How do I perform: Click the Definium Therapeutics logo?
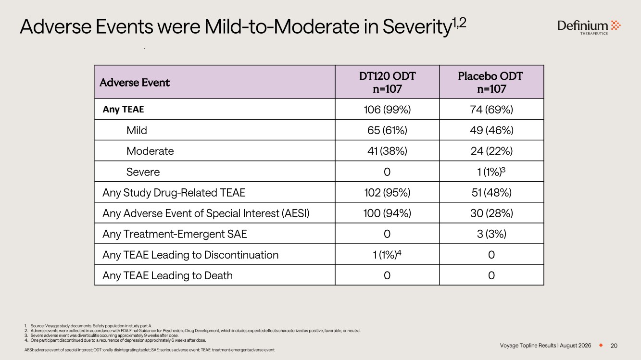click(x=589, y=27)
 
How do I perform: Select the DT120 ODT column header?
click(x=387, y=82)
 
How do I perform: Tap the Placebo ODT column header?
click(x=491, y=82)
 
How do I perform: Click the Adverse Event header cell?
click(x=135, y=83)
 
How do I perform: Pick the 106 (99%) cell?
click(x=387, y=110)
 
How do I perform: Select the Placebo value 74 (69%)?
click(x=491, y=110)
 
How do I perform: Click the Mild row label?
click(x=137, y=130)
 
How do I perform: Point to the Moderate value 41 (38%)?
click(x=387, y=151)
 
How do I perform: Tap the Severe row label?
click(x=143, y=172)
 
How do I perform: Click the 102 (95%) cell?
click(x=387, y=192)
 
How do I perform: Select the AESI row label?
click(x=206, y=213)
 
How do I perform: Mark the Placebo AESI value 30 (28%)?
click(x=491, y=213)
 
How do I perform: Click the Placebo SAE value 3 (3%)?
click(x=491, y=234)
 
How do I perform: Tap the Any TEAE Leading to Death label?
click(x=167, y=275)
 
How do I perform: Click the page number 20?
click(x=614, y=346)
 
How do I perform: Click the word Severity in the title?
click(x=417, y=27)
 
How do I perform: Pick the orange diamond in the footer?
click(x=601, y=346)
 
